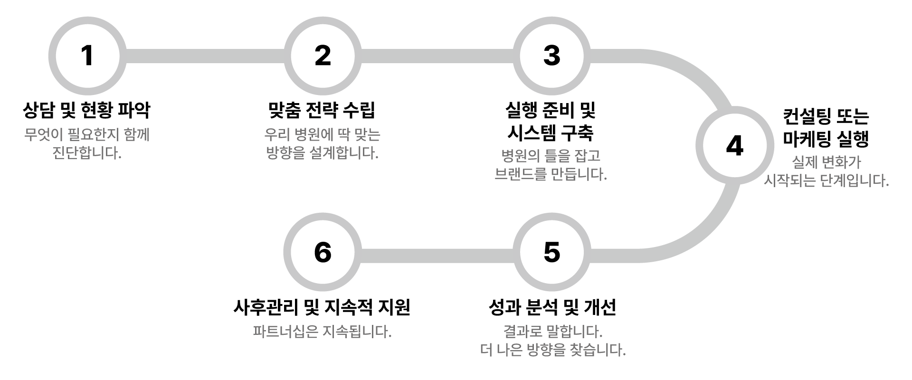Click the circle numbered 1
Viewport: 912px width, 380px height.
87,56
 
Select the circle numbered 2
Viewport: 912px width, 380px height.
323,56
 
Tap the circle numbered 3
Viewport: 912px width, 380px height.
551,56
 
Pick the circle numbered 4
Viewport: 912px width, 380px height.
734,145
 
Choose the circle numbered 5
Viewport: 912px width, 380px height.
551,252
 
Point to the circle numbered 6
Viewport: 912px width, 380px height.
323,252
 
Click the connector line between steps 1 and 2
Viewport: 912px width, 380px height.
204,56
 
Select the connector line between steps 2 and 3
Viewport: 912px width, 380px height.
437,56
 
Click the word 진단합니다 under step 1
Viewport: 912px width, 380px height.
87,154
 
